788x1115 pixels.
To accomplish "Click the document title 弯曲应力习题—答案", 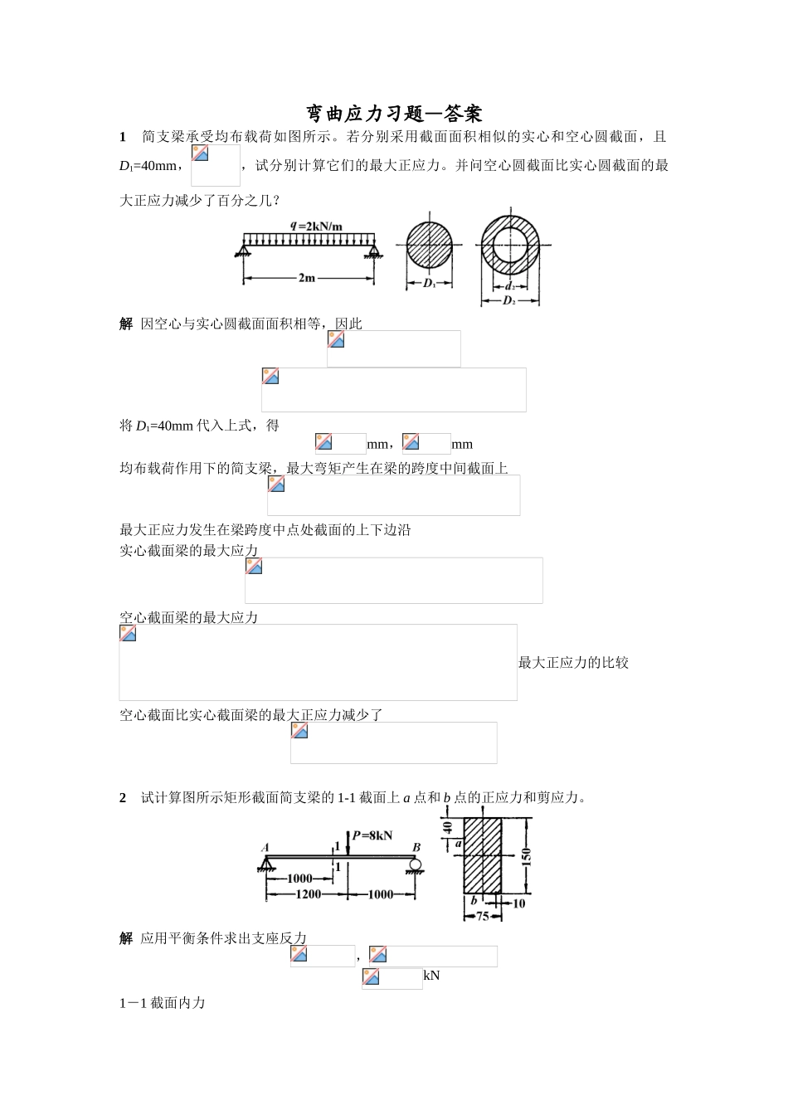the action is click(x=394, y=113).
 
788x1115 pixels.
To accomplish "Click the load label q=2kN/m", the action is click(x=317, y=226).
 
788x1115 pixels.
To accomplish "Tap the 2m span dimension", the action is click(x=307, y=278).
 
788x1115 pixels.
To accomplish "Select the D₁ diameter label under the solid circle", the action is click(x=430, y=284).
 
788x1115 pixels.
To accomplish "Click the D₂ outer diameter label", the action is click(x=509, y=300).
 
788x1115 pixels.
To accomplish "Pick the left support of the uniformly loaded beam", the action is click(x=246, y=250).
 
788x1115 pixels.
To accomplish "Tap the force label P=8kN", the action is click(x=372, y=835).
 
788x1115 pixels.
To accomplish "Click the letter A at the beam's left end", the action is click(x=265, y=847).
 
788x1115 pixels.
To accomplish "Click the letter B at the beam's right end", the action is click(x=416, y=847).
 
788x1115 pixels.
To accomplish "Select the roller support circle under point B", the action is click(x=415, y=865).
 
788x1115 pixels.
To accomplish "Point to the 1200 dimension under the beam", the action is click(x=297, y=894).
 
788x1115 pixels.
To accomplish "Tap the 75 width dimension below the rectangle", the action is click(x=482, y=917).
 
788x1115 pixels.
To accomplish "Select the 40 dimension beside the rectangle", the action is click(x=448, y=827).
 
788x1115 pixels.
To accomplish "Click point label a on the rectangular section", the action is click(x=458, y=843).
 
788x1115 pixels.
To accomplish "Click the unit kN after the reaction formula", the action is click(x=431, y=976).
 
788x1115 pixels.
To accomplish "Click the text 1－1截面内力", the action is click(x=163, y=1003).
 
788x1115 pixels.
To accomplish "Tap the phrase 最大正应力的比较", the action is click(x=573, y=662).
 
